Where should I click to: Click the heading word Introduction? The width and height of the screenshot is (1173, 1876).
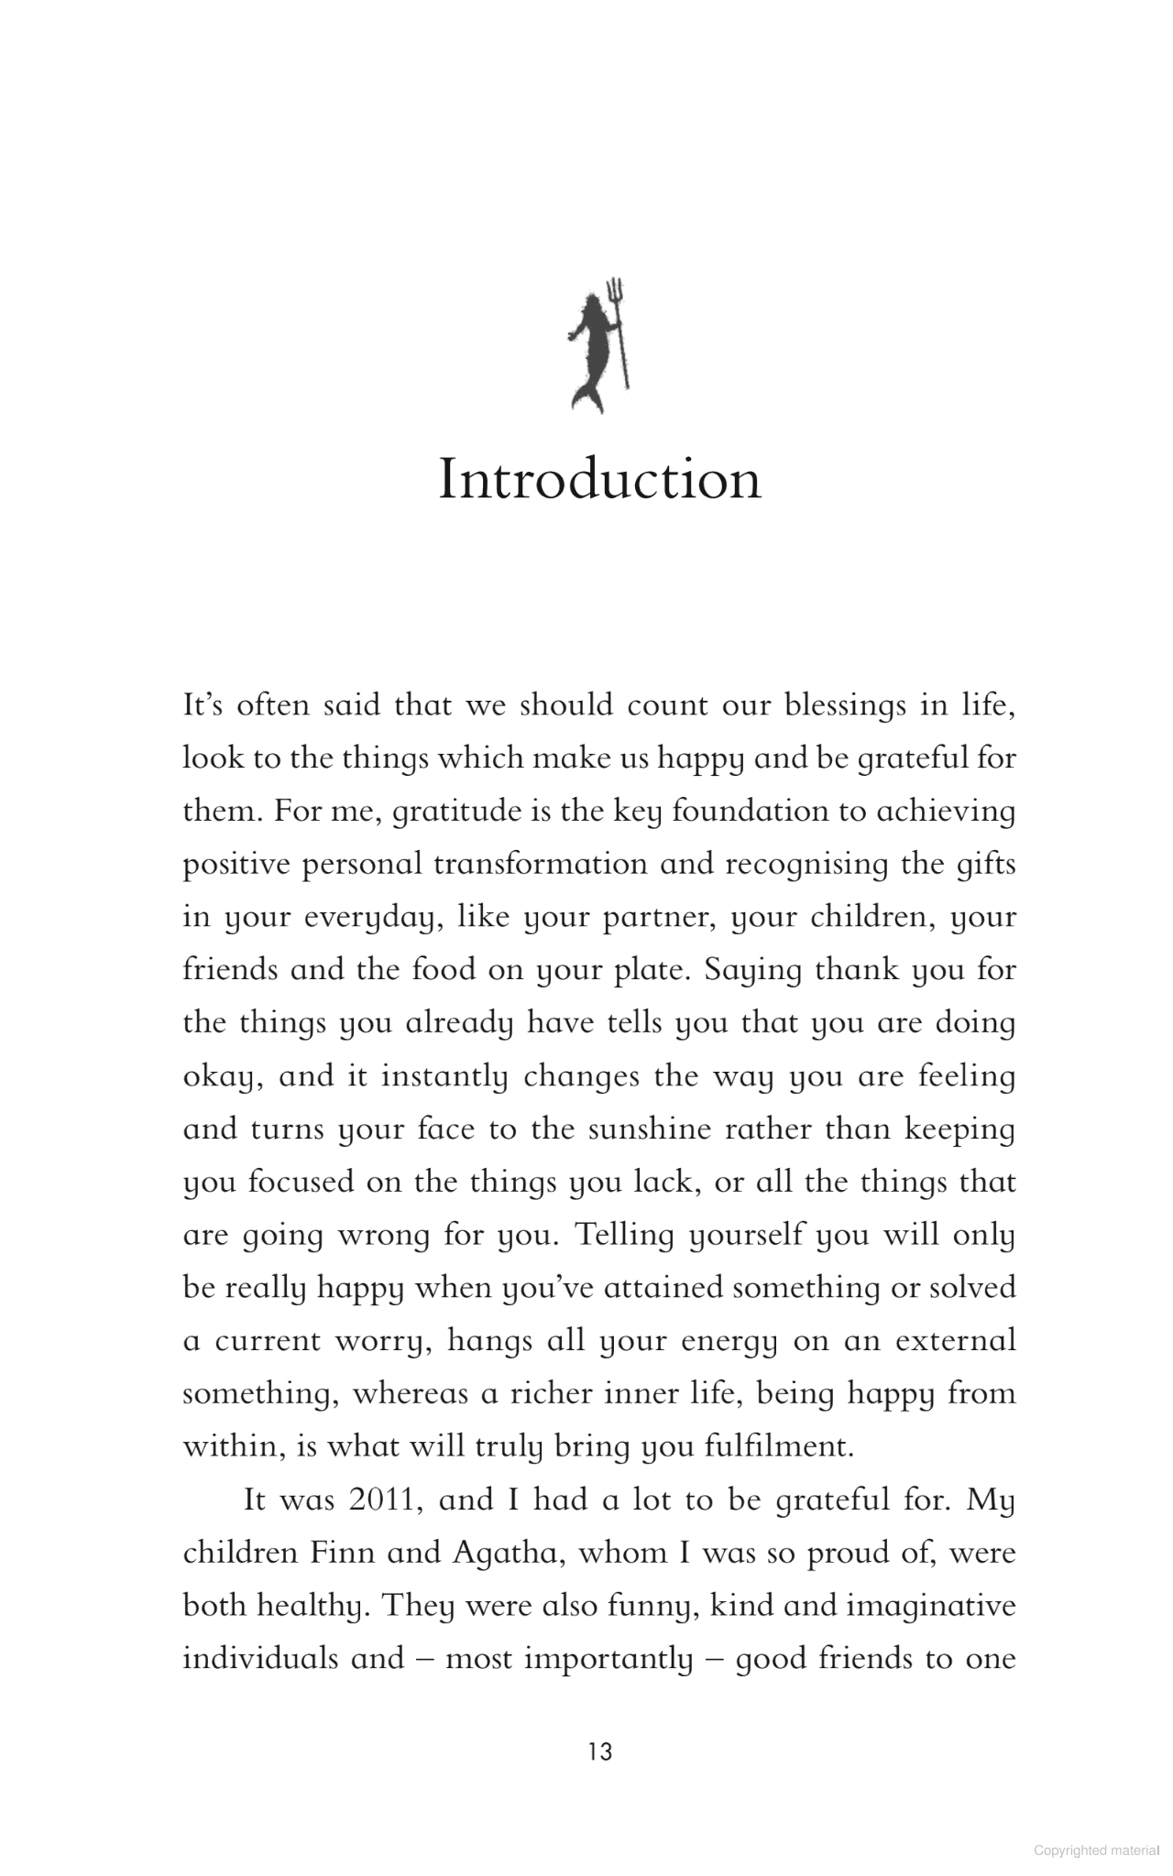pos(599,479)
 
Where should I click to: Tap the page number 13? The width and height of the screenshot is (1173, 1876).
pos(600,1751)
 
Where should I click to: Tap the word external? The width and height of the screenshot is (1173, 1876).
pos(956,1341)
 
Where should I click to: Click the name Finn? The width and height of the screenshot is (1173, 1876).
pos(344,1553)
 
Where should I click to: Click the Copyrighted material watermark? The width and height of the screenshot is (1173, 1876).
pos(1096,1850)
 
